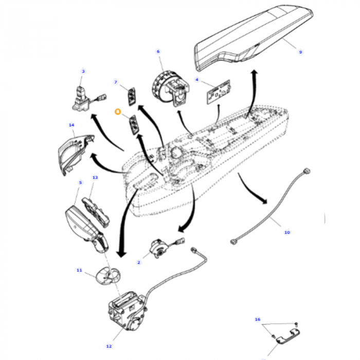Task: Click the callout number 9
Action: coord(301,52)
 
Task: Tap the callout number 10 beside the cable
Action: coord(287,232)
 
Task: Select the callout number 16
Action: coord(258,319)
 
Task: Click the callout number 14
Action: coord(71,125)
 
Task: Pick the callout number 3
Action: coord(83,71)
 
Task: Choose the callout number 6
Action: coord(158,51)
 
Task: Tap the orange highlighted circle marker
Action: coord(117,112)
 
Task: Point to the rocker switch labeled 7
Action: coord(133,95)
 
